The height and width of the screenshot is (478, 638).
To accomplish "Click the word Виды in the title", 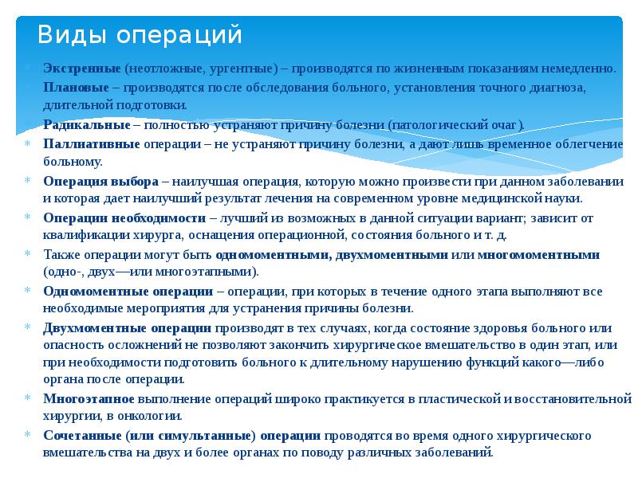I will [74, 35].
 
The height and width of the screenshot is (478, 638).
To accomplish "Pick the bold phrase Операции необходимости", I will [125, 217].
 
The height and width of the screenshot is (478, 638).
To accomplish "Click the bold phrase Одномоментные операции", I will [128, 291].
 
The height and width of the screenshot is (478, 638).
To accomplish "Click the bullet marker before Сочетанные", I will [27, 436].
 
